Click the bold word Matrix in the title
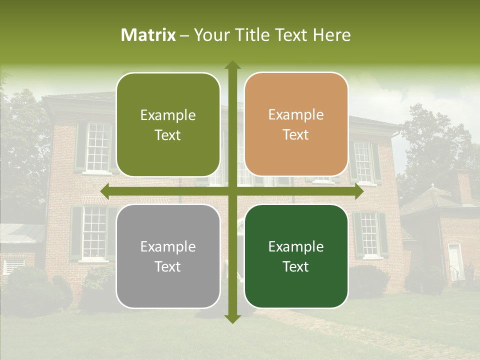coord(148,35)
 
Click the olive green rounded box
coord(168,124)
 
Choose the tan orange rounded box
coord(296,124)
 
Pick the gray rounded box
coord(168,256)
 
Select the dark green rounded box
coord(296,256)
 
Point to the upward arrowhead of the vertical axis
coord(232,65)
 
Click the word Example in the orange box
coord(296,115)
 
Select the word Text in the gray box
coord(168,266)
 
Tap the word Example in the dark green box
coord(296,246)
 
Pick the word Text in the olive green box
coord(168,135)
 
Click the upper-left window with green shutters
coord(97,147)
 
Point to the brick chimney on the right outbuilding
coord(463,186)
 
